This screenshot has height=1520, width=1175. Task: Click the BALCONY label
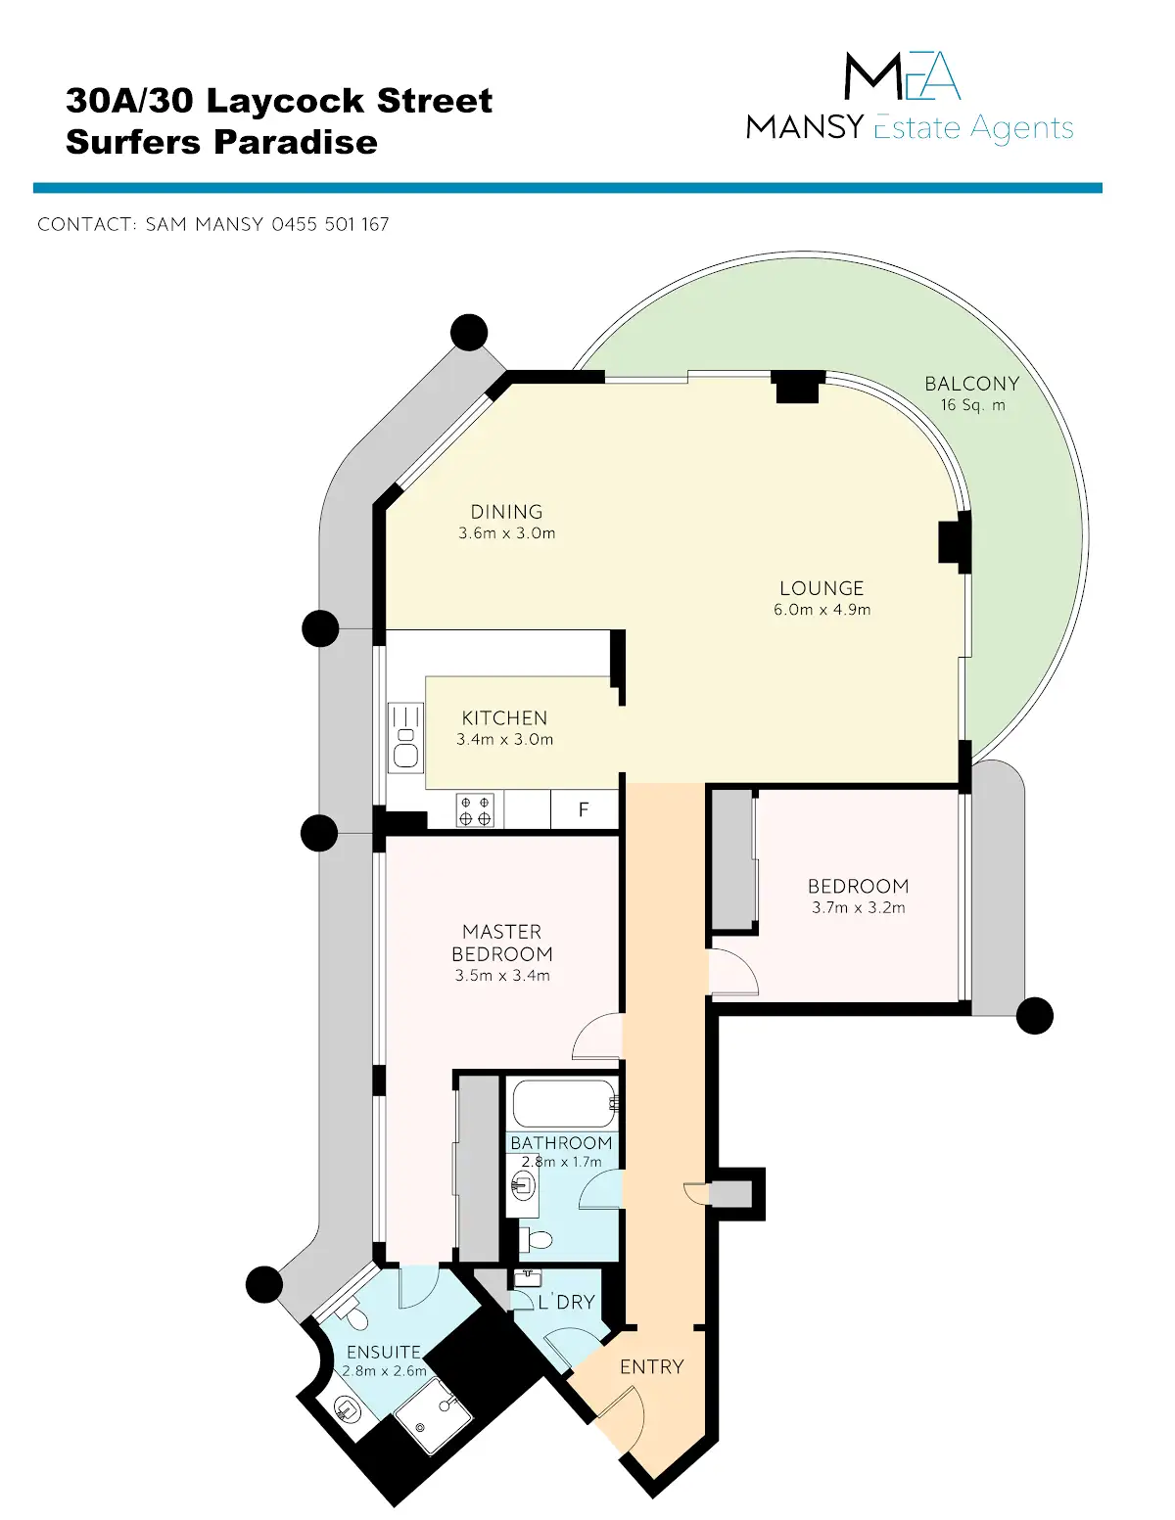[x=971, y=384]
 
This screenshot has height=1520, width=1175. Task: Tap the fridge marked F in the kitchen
[x=584, y=809]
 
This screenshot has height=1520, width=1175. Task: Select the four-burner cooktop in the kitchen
[x=475, y=811]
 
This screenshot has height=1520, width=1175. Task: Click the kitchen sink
[x=405, y=738]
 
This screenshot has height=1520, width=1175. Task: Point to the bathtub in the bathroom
[x=563, y=1103]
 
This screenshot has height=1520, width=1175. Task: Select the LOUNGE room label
[x=822, y=588]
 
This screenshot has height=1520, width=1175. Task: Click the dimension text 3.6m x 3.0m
[x=506, y=533]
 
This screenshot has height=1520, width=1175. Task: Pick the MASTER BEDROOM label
[x=502, y=943]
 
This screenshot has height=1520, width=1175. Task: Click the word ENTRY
[x=651, y=1366]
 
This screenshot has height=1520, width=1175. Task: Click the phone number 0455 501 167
[x=330, y=224]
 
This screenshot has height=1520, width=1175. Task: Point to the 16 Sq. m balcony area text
[x=972, y=405]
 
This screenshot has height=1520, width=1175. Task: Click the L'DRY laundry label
[x=567, y=1302]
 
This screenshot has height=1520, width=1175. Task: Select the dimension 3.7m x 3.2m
[x=858, y=907]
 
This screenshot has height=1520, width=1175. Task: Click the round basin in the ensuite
[x=347, y=1408]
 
